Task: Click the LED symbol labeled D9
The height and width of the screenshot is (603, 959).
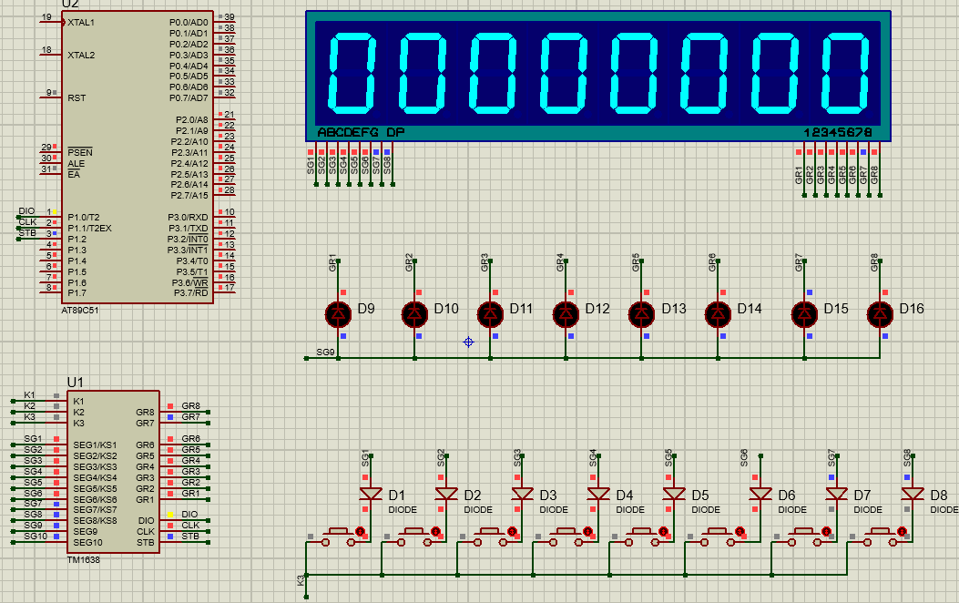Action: pyautogui.click(x=338, y=313)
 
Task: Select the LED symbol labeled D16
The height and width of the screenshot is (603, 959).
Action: pyautogui.click(x=880, y=313)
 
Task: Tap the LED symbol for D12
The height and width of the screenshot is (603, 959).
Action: pyautogui.click(x=566, y=313)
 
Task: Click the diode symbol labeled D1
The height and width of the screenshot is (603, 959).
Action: pyautogui.click(x=370, y=494)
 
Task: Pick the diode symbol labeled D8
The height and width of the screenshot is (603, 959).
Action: pyautogui.click(x=913, y=494)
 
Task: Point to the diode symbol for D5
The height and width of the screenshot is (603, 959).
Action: pyautogui.click(x=674, y=494)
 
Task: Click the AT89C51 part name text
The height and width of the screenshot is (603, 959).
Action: pyautogui.click(x=81, y=310)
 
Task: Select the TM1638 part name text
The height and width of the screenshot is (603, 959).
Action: pyautogui.click(x=84, y=560)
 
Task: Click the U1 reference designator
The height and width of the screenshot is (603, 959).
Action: pyautogui.click(x=76, y=382)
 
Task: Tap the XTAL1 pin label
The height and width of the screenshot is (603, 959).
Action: pyautogui.click(x=81, y=22)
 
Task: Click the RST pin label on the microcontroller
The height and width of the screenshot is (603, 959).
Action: pyautogui.click(x=77, y=97)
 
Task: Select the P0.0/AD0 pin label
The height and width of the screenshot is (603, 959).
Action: pyautogui.click(x=189, y=22)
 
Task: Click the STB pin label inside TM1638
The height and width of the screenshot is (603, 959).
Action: pyautogui.click(x=145, y=543)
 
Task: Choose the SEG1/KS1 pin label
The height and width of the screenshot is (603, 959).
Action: pyautogui.click(x=95, y=445)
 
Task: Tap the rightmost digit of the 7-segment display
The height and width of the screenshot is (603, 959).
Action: pyautogui.click(x=846, y=72)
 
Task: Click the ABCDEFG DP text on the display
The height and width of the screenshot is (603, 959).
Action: pyautogui.click(x=361, y=132)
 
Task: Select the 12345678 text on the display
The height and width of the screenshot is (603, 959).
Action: pyautogui.click(x=838, y=132)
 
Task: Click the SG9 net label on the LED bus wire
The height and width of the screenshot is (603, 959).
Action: pyautogui.click(x=325, y=351)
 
